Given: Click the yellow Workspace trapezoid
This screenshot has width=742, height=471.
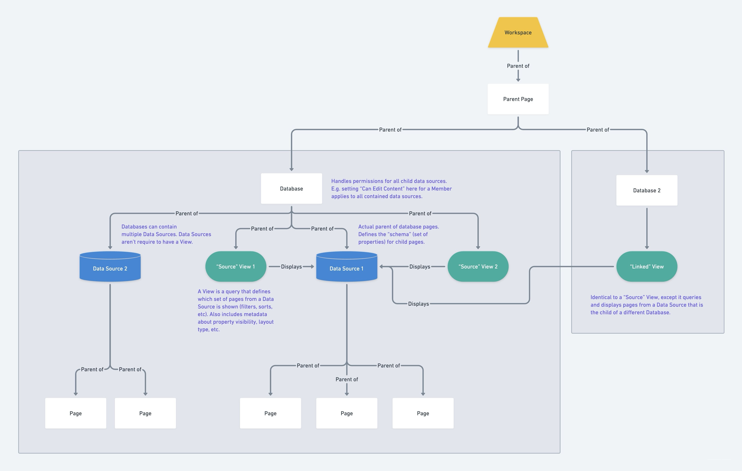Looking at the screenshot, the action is pyautogui.click(x=518, y=32).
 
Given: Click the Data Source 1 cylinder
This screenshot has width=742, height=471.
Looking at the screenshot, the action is pyautogui.click(x=347, y=266).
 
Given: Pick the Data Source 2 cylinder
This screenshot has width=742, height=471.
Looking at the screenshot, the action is pyautogui.click(x=110, y=266).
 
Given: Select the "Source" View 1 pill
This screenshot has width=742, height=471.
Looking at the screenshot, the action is pyautogui.click(x=236, y=266).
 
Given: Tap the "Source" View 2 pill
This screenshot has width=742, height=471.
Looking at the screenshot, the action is pyautogui.click(x=478, y=266).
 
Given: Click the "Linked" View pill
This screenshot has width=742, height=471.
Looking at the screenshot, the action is pyautogui.click(x=647, y=266).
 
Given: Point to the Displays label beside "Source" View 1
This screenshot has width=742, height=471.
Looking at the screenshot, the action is pyautogui.click(x=291, y=267).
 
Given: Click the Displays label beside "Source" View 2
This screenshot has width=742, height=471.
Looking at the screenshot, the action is pyautogui.click(x=420, y=267).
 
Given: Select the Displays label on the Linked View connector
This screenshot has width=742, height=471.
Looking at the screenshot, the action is pyautogui.click(x=418, y=304).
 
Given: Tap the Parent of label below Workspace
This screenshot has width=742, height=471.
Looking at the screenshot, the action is pyautogui.click(x=518, y=66).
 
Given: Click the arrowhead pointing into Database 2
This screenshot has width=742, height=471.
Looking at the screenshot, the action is pyautogui.click(x=647, y=171).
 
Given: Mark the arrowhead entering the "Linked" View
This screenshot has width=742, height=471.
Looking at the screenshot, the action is pyautogui.click(x=647, y=247).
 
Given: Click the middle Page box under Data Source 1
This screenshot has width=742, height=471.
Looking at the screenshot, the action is pyautogui.click(x=347, y=413).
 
